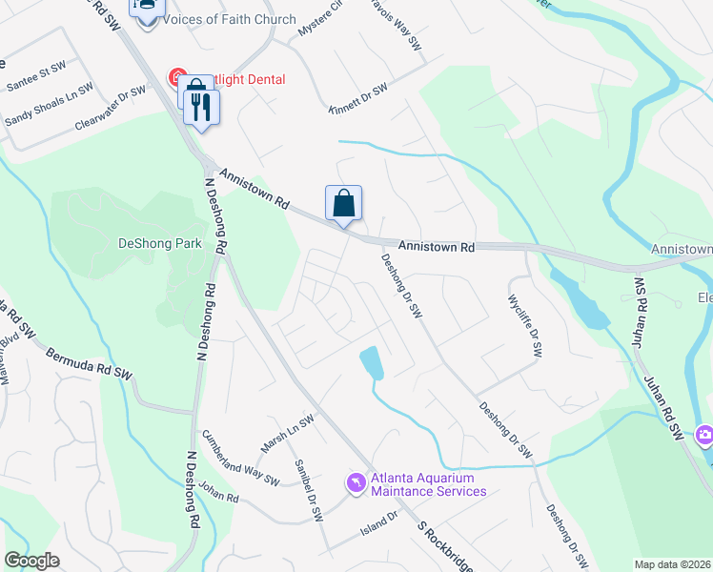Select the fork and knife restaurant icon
coord(201,106)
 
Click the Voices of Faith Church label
coord(230,19)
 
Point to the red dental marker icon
coord(176,76)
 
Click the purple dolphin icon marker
coord(356,484)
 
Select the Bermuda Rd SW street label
coord(89,363)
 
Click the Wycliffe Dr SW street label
coord(523,325)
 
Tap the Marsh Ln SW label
coord(287,435)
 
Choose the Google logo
coord(31,561)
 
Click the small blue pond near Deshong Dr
coord(372,363)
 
